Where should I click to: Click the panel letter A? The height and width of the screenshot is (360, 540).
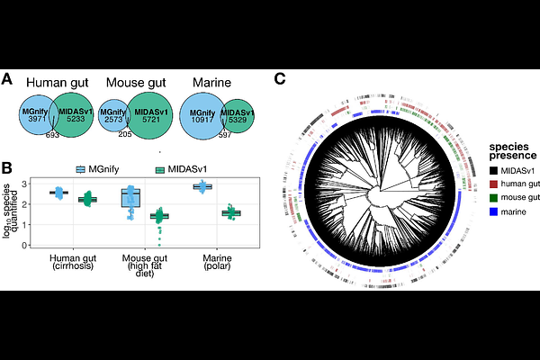tap(7, 79)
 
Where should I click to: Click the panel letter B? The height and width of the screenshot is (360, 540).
tap(7, 167)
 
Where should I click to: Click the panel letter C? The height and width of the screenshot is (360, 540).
tap(280, 79)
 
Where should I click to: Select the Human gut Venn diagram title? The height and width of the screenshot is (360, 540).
tap(58, 83)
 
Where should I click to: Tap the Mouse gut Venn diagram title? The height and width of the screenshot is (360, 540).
tap(136, 83)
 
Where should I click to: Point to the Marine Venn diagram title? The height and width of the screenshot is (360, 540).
tap(211, 83)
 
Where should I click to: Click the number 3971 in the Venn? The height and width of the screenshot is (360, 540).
tap(37, 119)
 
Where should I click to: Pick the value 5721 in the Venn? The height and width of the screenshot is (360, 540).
tap(151, 119)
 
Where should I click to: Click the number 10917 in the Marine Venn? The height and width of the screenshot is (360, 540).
tap(202, 120)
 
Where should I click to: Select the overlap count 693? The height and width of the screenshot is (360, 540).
tap(52, 135)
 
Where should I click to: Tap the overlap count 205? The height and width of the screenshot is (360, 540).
tap(125, 134)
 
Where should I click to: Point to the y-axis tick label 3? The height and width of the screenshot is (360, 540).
tap(24, 184)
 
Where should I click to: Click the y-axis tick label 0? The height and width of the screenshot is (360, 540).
tap(24, 246)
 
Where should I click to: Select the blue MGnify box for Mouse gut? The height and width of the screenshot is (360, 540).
tap(130, 198)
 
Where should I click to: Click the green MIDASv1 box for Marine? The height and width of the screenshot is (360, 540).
tap(231, 213)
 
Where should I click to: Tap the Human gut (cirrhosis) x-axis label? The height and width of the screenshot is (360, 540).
tap(73, 262)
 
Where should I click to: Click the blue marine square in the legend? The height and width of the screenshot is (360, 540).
tap(493, 211)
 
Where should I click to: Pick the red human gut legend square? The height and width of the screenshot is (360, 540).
tap(493, 184)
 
